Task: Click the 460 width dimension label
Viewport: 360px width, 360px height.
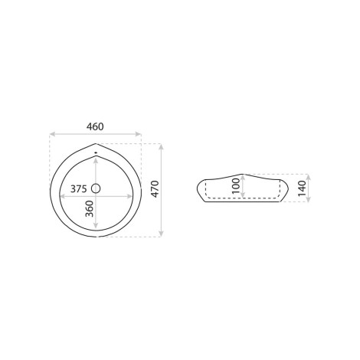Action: (x=95, y=126)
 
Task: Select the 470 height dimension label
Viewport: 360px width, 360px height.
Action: (x=155, y=189)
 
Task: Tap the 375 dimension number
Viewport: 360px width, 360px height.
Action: (x=79, y=189)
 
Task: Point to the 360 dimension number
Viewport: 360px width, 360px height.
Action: (x=90, y=208)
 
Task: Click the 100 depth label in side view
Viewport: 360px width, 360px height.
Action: (x=237, y=186)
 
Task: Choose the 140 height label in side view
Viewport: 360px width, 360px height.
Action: (x=302, y=188)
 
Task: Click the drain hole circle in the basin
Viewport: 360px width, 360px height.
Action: (x=96, y=188)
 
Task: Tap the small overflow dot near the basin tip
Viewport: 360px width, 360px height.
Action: (x=96, y=152)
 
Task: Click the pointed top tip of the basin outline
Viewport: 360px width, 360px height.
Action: (x=96, y=144)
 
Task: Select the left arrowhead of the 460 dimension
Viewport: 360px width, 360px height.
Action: (x=52, y=134)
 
